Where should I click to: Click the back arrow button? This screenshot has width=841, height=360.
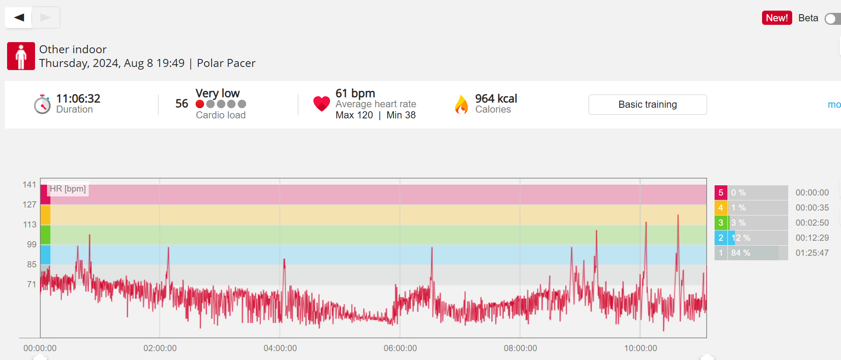[x=19, y=18]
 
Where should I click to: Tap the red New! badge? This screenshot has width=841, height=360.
[x=777, y=18]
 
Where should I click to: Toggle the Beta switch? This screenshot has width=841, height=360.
[x=832, y=19]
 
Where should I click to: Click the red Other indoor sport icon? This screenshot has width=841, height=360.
[x=21, y=56]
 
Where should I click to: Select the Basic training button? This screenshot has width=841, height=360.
[x=647, y=105]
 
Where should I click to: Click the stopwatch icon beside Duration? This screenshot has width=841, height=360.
[x=42, y=105]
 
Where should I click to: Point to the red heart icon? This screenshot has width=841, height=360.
[x=322, y=104]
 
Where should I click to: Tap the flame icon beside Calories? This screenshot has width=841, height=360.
[x=461, y=105]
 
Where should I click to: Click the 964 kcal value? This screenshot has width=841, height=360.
[x=496, y=98]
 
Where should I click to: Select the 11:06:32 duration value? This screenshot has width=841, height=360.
[x=78, y=98]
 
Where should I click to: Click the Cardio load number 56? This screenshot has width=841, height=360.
[x=181, y=104]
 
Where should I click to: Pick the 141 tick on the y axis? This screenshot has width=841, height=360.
[x=29, y=185]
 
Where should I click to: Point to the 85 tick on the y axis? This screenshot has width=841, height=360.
[x=31, y=264]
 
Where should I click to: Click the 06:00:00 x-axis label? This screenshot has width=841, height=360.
[x=400, y=348]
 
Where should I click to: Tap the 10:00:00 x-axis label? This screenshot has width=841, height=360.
[x=641, y=348]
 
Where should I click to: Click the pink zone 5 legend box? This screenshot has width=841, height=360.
[x=721, y=192]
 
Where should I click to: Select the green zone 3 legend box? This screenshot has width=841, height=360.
[x=721, y=223]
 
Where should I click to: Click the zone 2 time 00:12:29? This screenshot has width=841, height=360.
[x=812, y=238]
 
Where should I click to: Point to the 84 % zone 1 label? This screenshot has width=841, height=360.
[x=740, y=253]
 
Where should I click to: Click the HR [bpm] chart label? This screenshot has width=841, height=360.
[x=68, y=189]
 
